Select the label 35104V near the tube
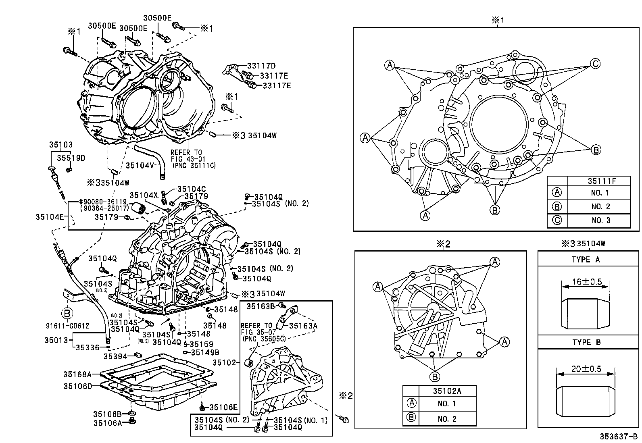tap(140, 165)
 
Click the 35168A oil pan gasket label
tap(77, 374)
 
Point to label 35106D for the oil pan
tap(77, 386)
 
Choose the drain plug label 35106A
tap(107, 423)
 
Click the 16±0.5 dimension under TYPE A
tap(586, 282)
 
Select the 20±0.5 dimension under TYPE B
tap(586, 369)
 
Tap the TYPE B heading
tap(586, 343)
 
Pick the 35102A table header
tap(447, 390)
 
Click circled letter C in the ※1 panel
tap(595, 63)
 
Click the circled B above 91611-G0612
tap(67, 313)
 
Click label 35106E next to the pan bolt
tap(223, 407)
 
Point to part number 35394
tap(115, 356)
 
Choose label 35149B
tap(205, 352)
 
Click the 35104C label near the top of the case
tap(192, 189)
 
